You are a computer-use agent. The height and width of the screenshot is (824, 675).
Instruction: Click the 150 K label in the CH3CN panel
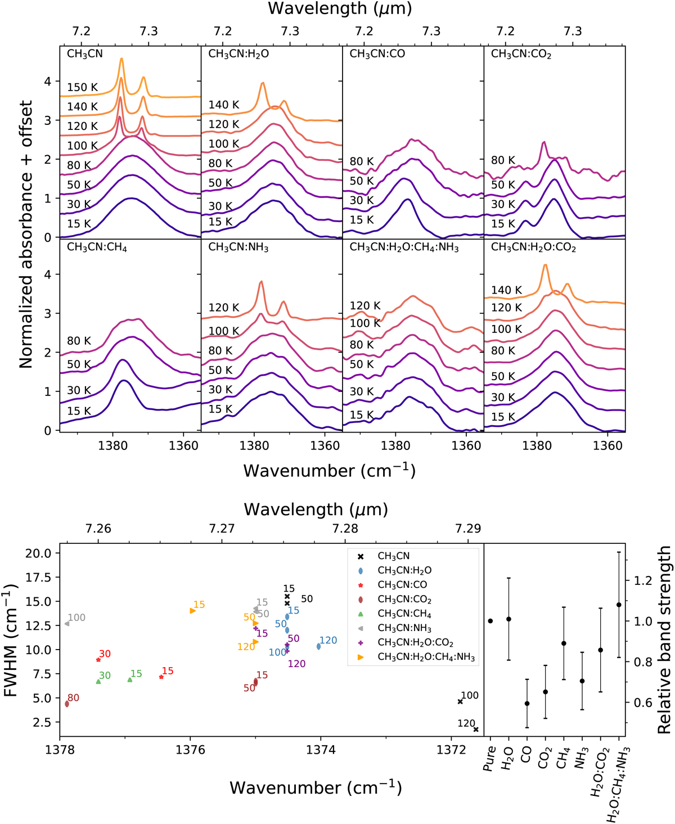tap(82, 87)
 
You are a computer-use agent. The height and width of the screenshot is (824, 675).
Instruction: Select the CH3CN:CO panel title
tap(377, 54)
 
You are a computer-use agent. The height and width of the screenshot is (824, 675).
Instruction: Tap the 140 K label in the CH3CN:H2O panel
tap(224, 105)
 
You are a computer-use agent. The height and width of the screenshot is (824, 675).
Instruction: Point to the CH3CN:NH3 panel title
tap(238, 247)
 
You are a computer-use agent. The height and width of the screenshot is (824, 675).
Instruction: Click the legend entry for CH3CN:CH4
tap(404, 614)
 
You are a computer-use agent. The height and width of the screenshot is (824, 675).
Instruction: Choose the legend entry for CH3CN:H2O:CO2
tap(415, 642)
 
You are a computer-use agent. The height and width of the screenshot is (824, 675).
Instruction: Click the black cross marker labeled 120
tap(476, 730)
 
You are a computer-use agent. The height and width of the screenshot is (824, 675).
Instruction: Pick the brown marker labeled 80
tap(67, 704)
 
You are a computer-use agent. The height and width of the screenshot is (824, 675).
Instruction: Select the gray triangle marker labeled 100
tap(67, 624)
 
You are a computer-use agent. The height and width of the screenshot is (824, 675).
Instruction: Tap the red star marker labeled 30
tap(98, 660)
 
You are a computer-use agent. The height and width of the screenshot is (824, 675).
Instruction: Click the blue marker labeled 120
tap(319, 647)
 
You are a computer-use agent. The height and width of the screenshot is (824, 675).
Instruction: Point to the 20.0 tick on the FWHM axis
tap(39, 553)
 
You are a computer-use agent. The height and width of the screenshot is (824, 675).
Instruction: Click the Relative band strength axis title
tap(664, 640)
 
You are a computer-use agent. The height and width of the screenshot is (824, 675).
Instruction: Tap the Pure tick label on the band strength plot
tap(490, 758)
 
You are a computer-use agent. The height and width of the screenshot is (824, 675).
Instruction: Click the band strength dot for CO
tap(527, 704)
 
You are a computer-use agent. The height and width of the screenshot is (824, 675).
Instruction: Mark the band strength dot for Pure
tap(490, 621)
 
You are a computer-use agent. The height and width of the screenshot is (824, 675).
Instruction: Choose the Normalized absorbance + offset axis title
tap(26, 235)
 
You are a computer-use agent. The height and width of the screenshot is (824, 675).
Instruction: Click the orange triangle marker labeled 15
tap(193, 611)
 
